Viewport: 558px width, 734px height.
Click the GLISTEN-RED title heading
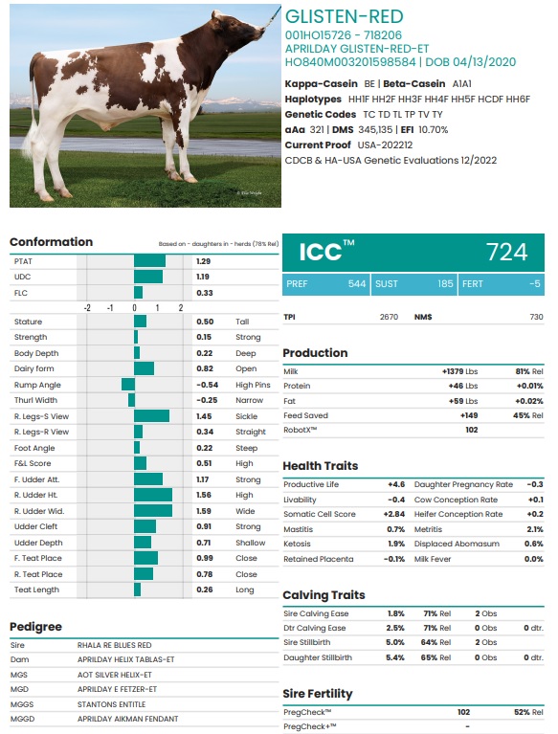345,16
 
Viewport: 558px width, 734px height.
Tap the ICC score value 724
506,252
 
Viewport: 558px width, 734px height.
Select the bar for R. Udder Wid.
153,510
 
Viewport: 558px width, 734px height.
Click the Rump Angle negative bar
127,385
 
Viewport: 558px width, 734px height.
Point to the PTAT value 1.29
204,261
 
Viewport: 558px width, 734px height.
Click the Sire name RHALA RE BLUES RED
115,645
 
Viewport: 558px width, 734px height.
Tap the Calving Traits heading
324,594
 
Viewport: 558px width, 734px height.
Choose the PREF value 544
357,284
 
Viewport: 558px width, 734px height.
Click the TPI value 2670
389,317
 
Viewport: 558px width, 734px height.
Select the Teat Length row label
36,589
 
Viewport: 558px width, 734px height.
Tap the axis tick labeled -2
87,307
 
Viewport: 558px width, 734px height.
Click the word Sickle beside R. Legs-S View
246,416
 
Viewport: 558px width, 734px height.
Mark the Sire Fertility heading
318,693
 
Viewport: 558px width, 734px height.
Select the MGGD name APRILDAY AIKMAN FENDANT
128,718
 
